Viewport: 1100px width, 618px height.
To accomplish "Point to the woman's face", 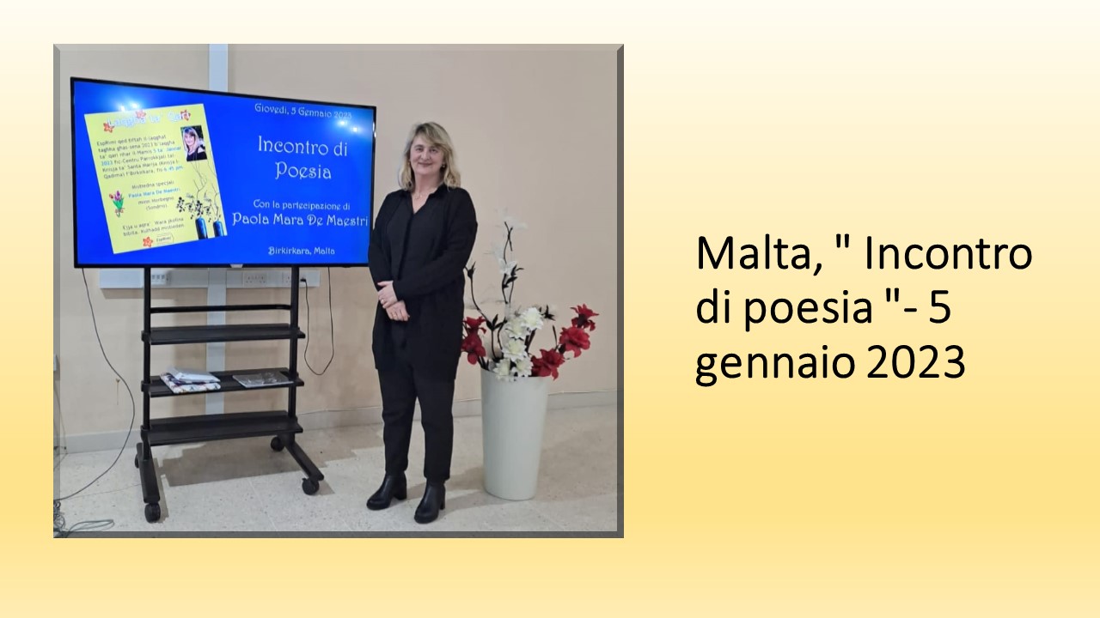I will pos(427,160).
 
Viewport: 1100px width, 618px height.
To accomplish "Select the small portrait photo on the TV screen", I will pos(193,143).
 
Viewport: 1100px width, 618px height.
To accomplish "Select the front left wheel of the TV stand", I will pos(152,512).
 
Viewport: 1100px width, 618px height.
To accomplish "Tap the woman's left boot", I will pos(430,501).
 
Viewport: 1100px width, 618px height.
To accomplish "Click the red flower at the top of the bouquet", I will pos(584,316).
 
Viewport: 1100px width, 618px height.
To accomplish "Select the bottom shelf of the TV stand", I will pos(222,427).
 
